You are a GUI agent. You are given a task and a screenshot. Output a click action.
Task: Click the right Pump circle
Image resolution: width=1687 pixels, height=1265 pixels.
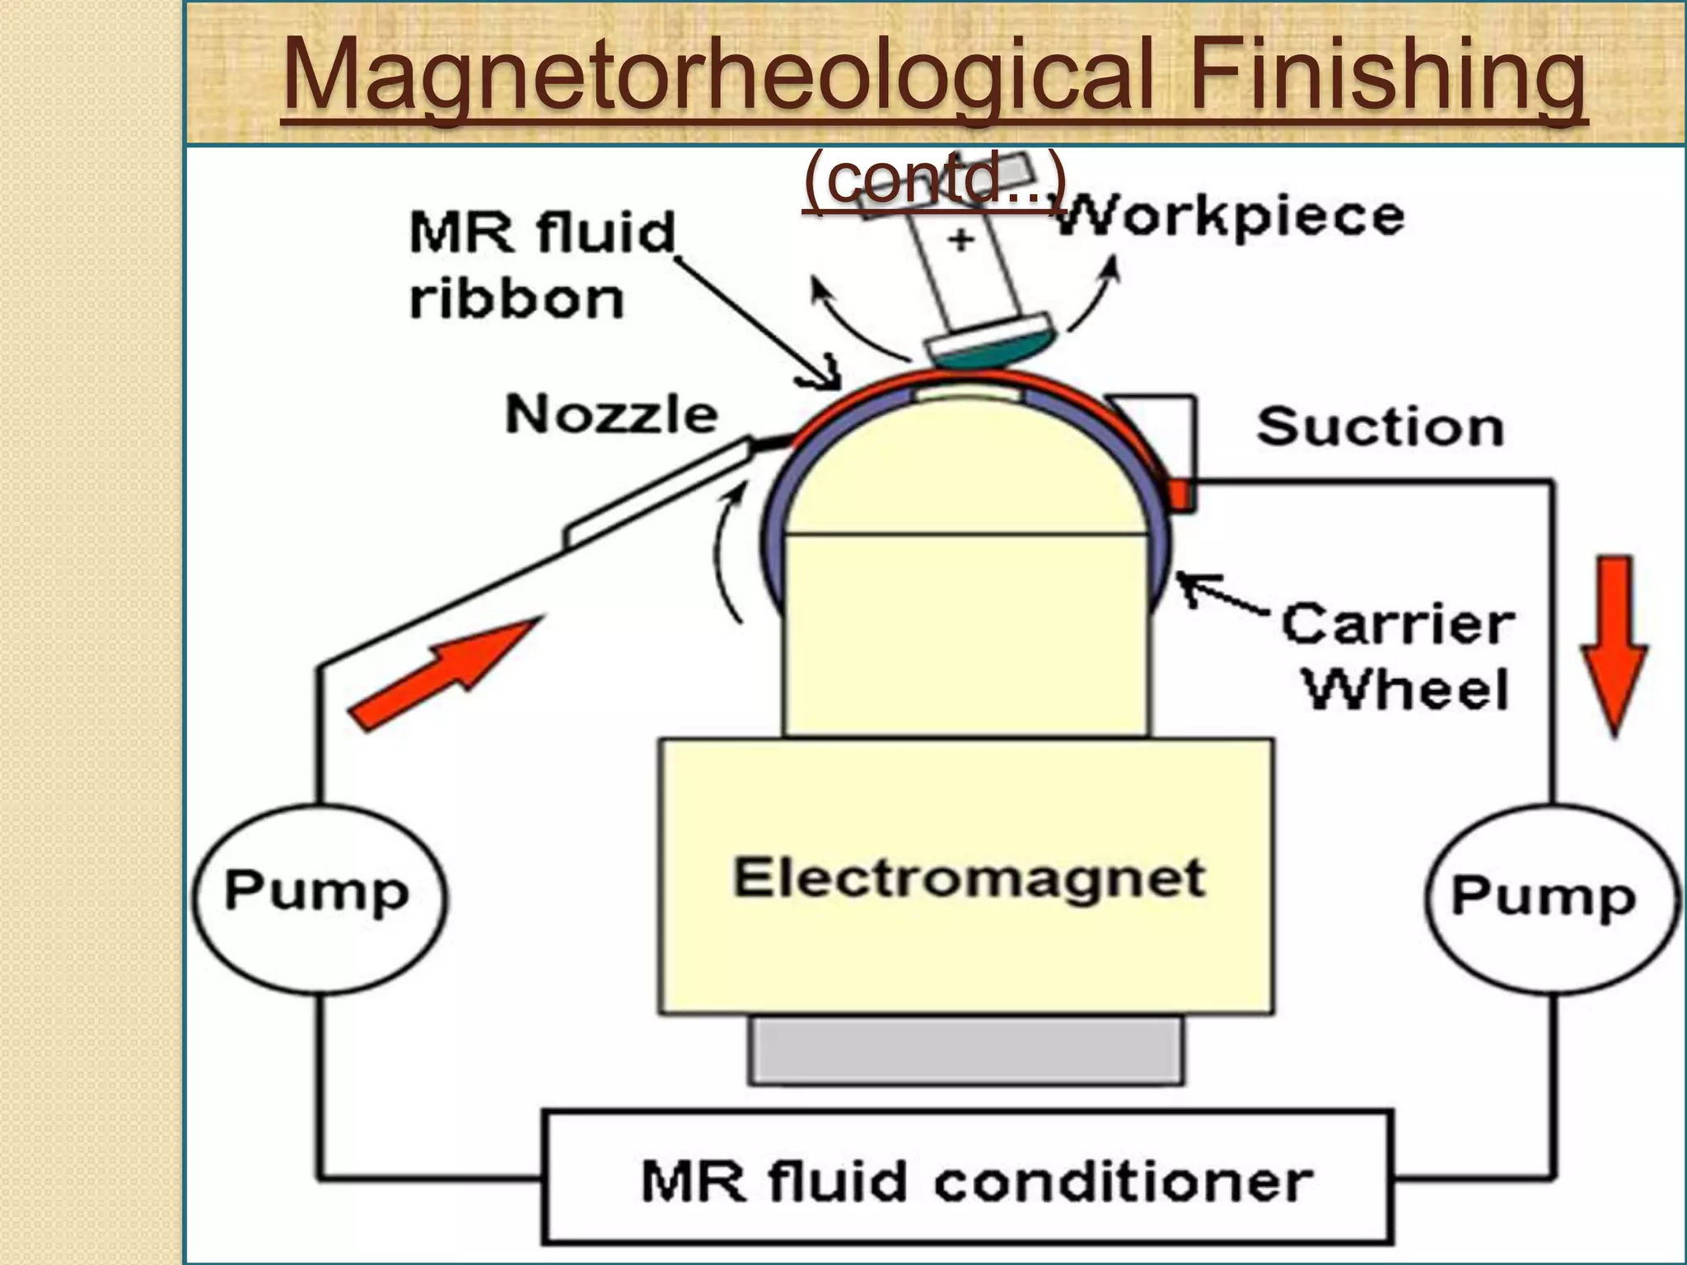click(x=1550, y=899)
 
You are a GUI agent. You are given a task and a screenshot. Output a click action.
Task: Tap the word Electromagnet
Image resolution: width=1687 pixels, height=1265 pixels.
click(x=969, y=879)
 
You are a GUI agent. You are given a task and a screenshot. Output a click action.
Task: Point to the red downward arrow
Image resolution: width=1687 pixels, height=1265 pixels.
click(x=1614, y=642)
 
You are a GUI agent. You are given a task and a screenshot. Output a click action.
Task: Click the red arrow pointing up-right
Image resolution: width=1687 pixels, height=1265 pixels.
click(x=445, y=671)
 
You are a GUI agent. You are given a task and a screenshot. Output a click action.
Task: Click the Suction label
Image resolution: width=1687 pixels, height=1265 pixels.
click(x=1380, y=427)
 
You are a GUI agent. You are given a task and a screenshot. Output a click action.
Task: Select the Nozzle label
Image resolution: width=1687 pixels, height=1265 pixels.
click(x=611, y=413)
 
